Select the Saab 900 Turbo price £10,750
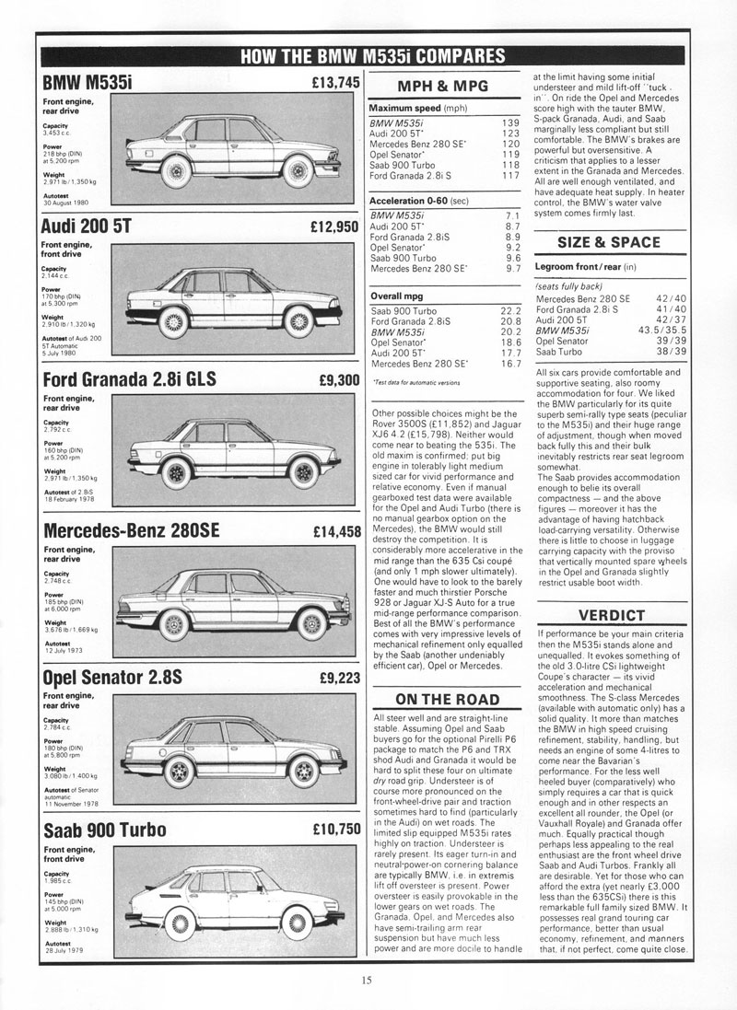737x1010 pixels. coord(334,829)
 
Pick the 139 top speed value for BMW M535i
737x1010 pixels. coord(511,122)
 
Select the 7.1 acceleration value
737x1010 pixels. coord(513,214)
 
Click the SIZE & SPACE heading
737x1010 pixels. coord(609,242)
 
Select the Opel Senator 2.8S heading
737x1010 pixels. coord(113,679)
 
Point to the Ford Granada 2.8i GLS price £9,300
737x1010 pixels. coord(338,379)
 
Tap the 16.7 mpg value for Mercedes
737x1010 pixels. coord(511,364)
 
